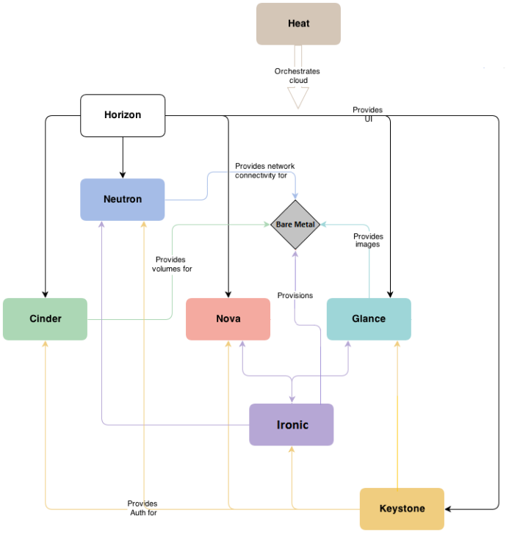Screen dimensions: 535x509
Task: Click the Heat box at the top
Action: point(298,23)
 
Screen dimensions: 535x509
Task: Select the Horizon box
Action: point(123,115)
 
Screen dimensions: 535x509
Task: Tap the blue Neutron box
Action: point(122,199)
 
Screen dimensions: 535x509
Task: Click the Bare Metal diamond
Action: point(295,224)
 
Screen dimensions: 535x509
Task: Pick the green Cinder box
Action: point(45,319)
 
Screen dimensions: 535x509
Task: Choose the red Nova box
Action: point(228,319)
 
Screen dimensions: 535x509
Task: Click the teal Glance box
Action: point(369,319)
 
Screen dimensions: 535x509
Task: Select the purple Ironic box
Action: point(292,424)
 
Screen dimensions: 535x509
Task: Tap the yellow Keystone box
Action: point(402,509)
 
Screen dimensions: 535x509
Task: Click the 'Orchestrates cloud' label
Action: point(297,76)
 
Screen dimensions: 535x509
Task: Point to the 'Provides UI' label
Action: point(367,114)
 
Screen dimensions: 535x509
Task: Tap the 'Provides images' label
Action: point(367,240)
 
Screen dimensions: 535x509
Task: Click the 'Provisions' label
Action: point(295,296)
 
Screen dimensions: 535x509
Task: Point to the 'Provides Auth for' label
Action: point(142,508)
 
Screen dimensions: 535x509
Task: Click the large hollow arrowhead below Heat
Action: point(298,98)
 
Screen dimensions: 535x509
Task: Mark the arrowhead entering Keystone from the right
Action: point(450,509)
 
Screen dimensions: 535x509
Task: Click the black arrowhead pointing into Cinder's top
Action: point(46,294)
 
